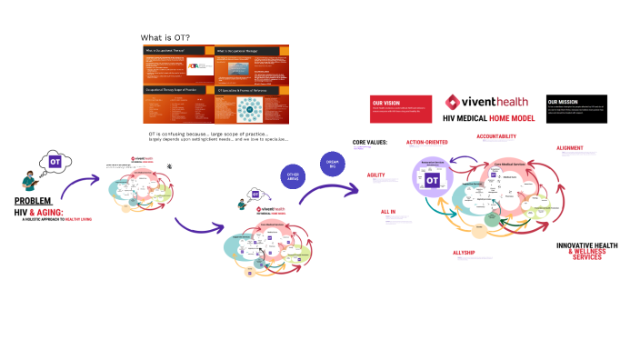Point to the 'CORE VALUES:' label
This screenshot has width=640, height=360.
pyautogui.click(x=370, y=143)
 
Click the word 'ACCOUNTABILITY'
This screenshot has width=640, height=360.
pyautogui.click(x=496, y=135)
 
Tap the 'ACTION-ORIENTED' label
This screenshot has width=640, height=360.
pyautogui.click(x=427, y=143)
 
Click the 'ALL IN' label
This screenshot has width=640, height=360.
pyautogui.click(x=387, y=212)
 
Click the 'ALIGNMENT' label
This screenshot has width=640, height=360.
pyautogui.click(x=570, y=147)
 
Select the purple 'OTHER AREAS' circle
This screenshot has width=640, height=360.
pyautogui.click(x=293, y=175)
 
